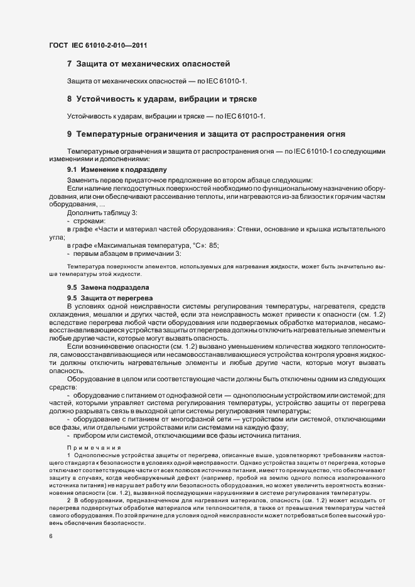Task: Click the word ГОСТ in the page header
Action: tap(58, 45)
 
